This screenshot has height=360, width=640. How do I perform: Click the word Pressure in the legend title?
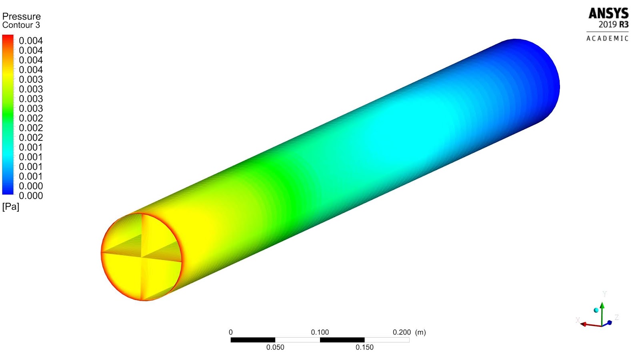22,16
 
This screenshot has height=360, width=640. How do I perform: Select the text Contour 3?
21,25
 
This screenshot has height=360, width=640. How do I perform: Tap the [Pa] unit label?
11,206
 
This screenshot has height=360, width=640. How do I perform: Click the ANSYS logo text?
608,14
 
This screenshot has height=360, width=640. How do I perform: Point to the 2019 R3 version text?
613,24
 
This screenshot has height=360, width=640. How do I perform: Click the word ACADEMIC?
607,38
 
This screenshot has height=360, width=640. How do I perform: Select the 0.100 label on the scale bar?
320,332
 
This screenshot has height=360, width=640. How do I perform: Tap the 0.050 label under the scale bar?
275,347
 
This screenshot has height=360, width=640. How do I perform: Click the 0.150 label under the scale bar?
364,347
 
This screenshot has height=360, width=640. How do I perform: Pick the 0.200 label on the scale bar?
402,332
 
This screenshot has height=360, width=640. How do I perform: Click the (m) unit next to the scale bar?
420,332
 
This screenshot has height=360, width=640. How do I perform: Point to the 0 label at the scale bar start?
231,332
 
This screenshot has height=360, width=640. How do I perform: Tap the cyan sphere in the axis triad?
596,310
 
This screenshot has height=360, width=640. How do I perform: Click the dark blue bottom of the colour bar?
8,191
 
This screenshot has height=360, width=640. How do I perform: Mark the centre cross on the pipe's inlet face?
142,257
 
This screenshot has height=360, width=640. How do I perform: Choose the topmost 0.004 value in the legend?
31,41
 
